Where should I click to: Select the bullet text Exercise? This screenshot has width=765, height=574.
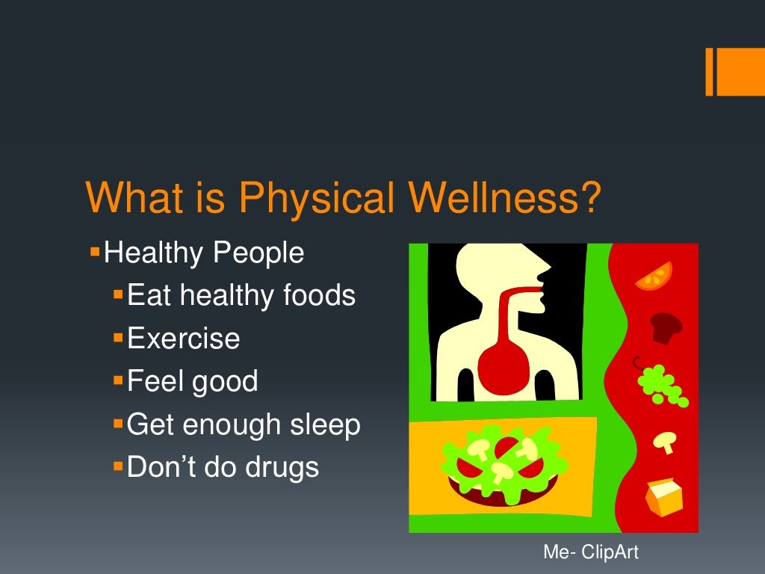pos(184,339)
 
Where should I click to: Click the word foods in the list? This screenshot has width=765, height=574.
pos(319,296)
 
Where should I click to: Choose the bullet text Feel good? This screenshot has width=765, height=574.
pos(192,382)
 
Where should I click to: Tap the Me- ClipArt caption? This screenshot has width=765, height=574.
pos(591,552)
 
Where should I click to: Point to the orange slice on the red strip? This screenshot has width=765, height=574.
pos(654,276)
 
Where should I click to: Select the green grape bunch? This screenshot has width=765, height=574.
pos(662,384)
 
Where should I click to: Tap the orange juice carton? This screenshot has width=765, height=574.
pos(663,496)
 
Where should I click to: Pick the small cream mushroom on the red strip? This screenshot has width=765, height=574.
pos(663,442)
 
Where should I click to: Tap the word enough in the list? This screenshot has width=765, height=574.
pos(226,425)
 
